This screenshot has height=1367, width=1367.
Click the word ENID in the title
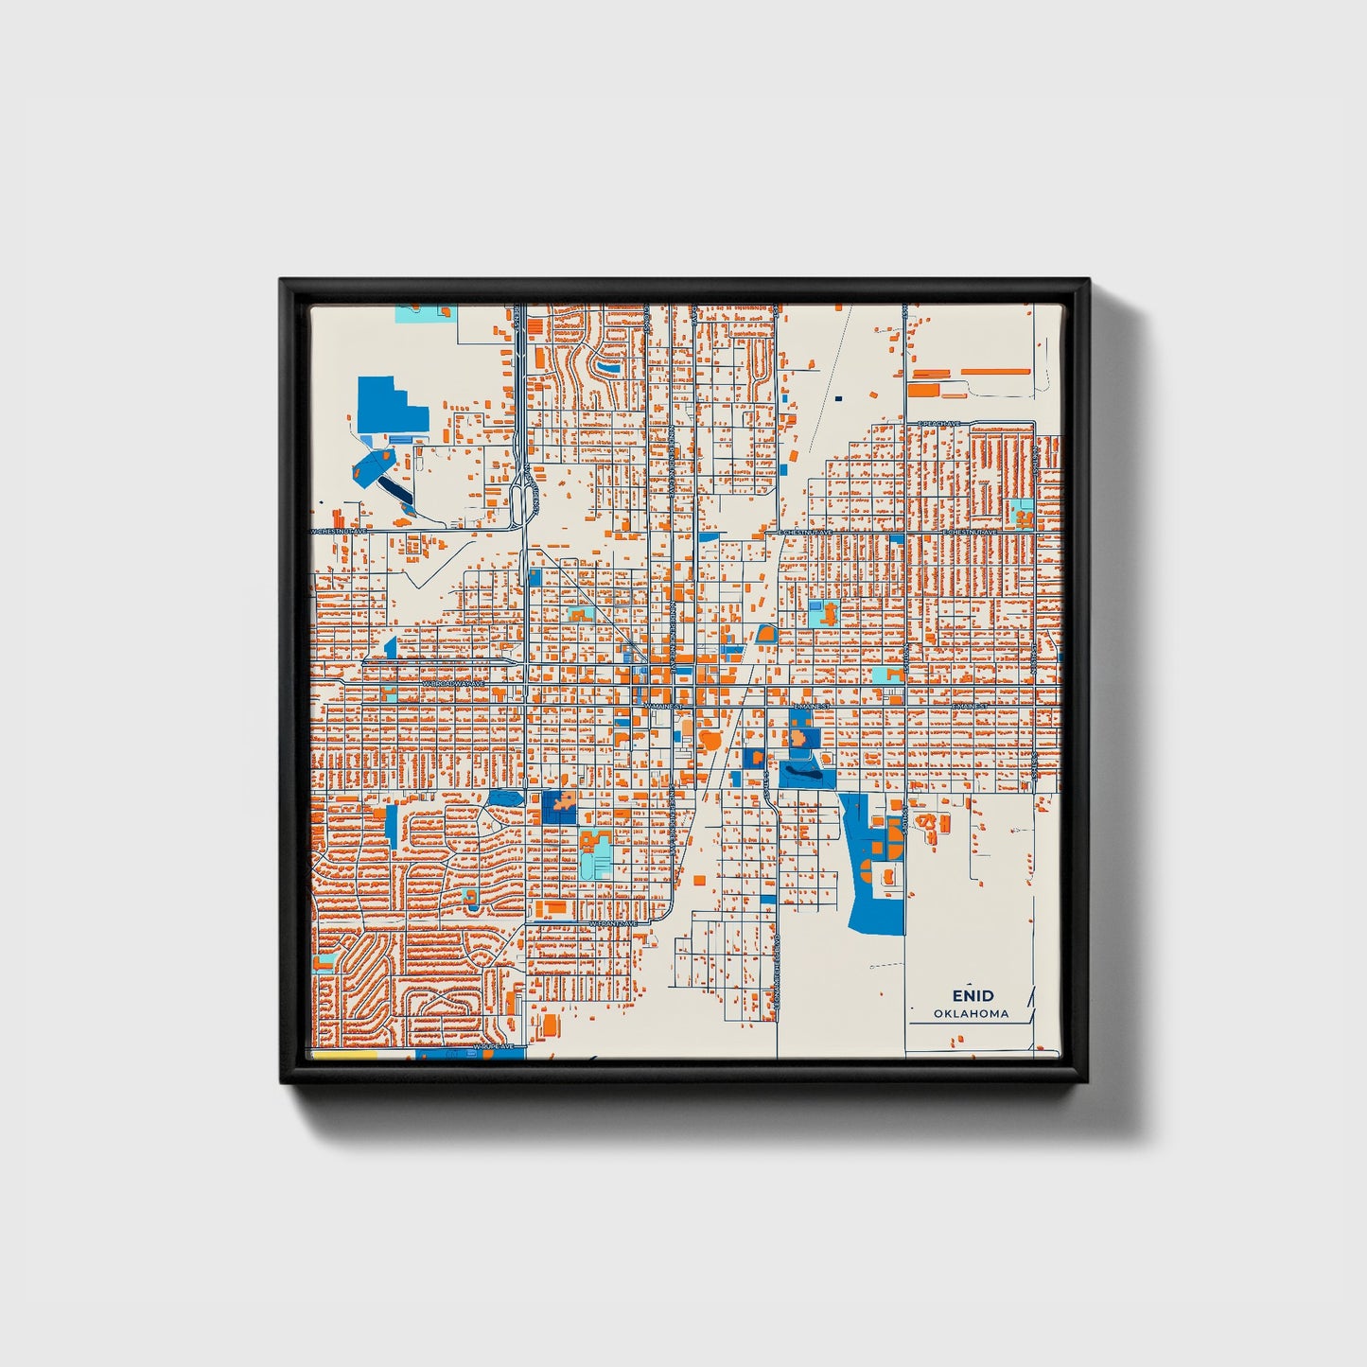pyautogui.click(x=973, y=995)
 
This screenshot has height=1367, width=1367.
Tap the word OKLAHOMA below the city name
pyautogui.click(x=972, y=1014)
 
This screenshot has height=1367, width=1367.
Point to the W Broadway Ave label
pyautogui.click(x=453, y=682)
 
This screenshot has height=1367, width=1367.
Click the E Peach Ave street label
pyautogui.click(x=938, y=423)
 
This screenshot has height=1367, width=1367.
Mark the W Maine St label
pyautogui.click(x=662, y=706)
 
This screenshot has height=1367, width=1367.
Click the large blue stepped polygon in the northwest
pyautogui.click(x=390, y=407)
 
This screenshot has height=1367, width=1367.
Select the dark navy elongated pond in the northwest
pyautogui.click(x=394, y=490)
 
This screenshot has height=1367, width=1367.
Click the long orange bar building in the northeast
pyautogui.click(x=995, y=373)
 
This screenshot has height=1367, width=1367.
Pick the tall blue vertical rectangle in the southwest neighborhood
pyautogui.click(x=391, y=825)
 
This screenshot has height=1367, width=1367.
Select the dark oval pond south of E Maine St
pyautogui.click(x=799, y=774)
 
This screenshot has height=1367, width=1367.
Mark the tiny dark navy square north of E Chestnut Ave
pyautogui.click(x=838, y=398)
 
